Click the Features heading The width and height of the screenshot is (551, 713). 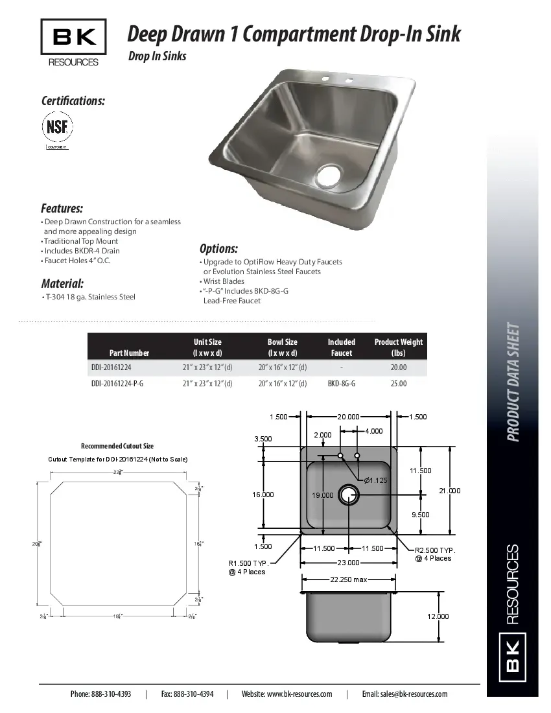click(x=62, y=209)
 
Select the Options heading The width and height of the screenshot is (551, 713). click(x=218, y=249)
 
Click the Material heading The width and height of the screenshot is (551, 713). click(x=62, y=283)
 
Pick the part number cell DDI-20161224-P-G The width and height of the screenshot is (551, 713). click(x=117, y=384)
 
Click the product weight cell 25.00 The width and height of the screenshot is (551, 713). click(x=399, y=384)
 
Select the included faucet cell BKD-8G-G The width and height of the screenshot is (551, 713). click(x=342, y=384)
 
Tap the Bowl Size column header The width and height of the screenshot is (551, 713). click(x=283, y=347)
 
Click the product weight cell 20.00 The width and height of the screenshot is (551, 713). click(x=399, y=368)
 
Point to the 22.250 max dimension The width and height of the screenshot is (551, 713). click(x=349, y=579)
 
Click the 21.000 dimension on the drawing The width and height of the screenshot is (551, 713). click(x=449, y=491)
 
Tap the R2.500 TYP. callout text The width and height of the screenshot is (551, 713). click(x=435, y=550)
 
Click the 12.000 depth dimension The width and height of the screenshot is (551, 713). click(x=438, y=616)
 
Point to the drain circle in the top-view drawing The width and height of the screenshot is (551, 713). click(x=349, y=494)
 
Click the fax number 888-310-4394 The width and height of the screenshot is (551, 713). click(x=194, y=694)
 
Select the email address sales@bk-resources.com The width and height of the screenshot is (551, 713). click(x=415, y=694)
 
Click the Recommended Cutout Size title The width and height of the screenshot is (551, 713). click(x=117, y=446)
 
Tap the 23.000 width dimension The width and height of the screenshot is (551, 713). click(x=349, y=563)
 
